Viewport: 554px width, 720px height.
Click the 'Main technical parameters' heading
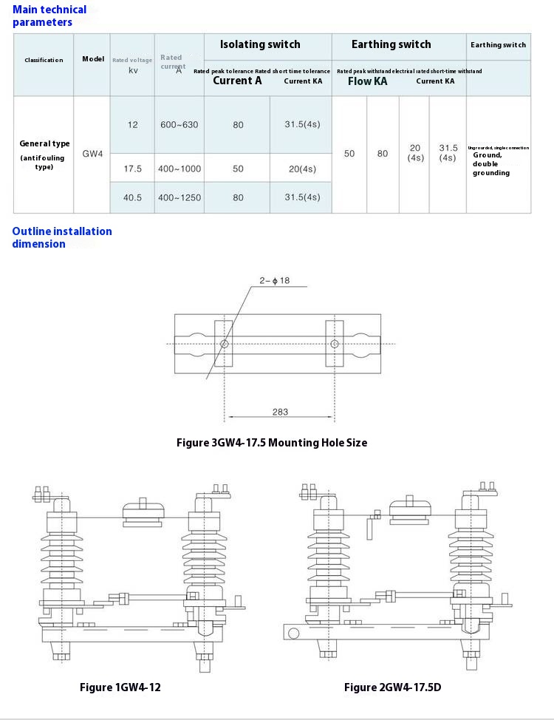click(x=49, y=16)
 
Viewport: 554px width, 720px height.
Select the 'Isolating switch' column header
click(x=260, y=44)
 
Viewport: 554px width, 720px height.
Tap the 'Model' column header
click(x=93, y=58)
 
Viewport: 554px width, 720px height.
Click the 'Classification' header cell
click(x=44, y=60)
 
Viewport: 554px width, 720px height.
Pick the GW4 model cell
click(x=92, y=154)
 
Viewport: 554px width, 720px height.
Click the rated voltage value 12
click(x=132, y=125)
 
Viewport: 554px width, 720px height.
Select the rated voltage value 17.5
click(x=132, y=169)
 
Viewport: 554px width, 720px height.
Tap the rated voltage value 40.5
click(x=132, y=197)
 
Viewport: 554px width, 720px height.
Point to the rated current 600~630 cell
click(x=179, y=125)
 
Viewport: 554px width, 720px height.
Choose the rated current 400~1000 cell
click(x=179, y=169)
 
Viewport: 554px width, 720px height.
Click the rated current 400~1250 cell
click(x=179, y=197)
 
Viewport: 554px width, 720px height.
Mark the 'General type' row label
click(x=44, y=143)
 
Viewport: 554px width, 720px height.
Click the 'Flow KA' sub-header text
click(x=367, y=81)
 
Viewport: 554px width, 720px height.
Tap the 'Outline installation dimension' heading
click(x=62, y=237)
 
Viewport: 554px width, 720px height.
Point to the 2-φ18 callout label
click(x=274, y=280)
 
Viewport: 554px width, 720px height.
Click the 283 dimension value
click(x=280, y=412)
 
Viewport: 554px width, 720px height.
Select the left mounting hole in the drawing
click(x=225, y=344)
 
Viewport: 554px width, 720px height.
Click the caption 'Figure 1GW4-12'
click(x=120, y=687)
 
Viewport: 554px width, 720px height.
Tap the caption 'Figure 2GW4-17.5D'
click(x=392, y=687)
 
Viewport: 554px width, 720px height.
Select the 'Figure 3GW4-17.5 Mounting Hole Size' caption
click(x=272, y=443)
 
